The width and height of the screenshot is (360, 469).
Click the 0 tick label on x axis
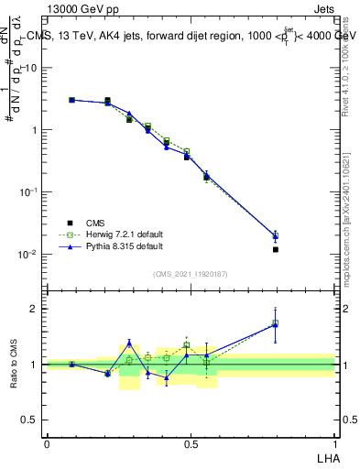point(47,443)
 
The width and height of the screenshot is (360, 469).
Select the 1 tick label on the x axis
point(334,443)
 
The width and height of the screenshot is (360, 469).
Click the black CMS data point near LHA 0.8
point(276,249)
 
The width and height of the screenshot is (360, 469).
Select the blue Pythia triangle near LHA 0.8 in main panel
point(276,235)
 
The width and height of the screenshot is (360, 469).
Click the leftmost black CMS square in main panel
point(72,100)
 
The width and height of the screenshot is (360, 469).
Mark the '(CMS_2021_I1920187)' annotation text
point(191,274)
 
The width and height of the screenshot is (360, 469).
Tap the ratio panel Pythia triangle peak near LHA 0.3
point(129,343)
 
